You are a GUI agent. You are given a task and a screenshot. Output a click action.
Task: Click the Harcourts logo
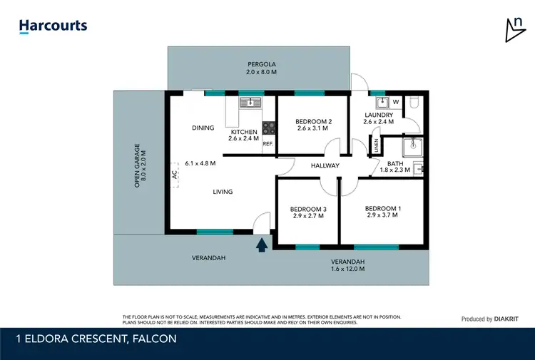tap(53, 26)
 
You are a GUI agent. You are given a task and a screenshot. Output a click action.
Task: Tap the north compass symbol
tap(513, 29)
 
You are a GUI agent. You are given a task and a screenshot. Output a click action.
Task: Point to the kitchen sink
tap(250, 103)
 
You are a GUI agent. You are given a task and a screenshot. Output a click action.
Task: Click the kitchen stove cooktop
tap(270, 128)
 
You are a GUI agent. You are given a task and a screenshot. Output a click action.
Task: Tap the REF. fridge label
tap(268, 144)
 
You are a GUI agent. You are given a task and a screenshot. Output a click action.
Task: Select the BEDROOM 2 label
tap(312, 121)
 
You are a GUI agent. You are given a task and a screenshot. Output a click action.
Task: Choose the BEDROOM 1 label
tap(383, 208)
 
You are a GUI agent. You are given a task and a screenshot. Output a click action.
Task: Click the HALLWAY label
tap(325, 166)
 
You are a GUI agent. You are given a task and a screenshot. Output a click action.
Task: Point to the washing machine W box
tap(395, 103)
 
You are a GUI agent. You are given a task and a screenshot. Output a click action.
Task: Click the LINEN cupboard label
tap(377, 145)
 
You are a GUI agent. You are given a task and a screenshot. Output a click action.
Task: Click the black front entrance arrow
tap(262, 245)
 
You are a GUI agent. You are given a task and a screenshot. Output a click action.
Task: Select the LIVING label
tap(223, 192)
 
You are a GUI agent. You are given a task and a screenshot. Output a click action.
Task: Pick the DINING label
tap(203, 128)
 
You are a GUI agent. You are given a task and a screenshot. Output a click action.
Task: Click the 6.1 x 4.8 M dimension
tap(200, 163)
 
